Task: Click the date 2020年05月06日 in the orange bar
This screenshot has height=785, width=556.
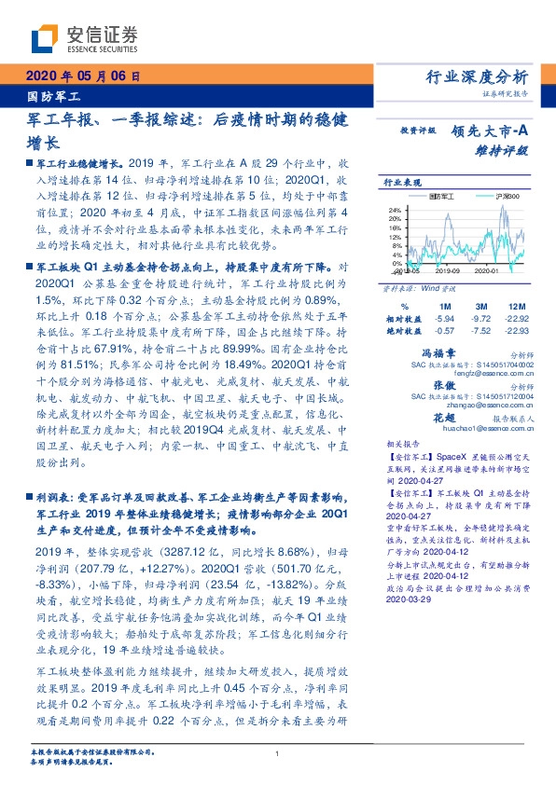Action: [81, 76]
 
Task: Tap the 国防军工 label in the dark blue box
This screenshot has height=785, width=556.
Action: [52, 96]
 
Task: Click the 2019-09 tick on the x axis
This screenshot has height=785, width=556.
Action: [446, 271]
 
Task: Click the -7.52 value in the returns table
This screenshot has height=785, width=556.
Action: [480, 330]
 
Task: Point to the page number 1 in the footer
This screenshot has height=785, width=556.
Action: [278, 754]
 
